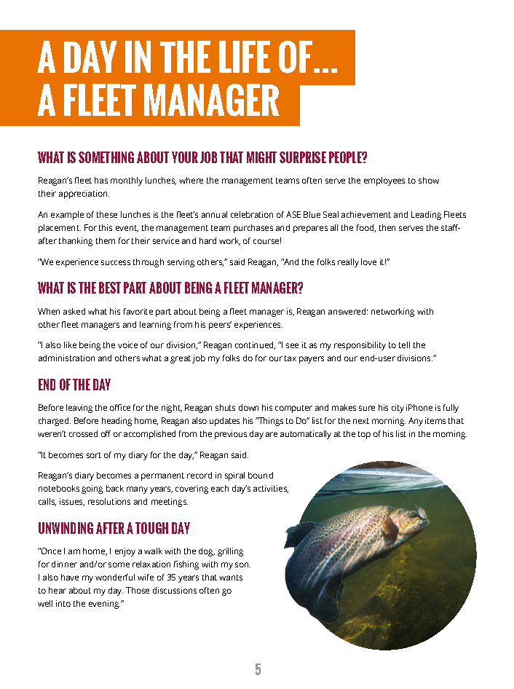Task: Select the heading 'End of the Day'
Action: (74, 385)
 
